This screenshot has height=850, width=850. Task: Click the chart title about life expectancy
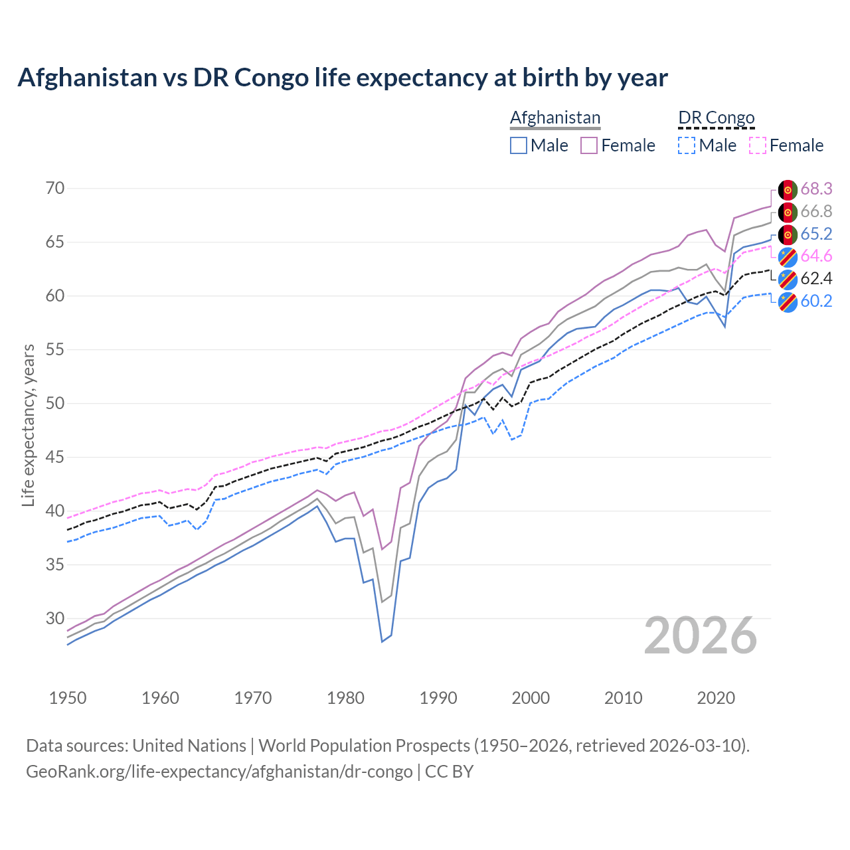(343, 78)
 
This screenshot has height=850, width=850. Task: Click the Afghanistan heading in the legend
(555, 118)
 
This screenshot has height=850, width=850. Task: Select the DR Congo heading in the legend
(717, 118)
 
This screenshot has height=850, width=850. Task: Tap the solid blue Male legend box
(519, 145)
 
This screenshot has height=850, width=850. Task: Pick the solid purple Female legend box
(589, 145)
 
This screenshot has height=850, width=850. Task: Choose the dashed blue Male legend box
(687, 145)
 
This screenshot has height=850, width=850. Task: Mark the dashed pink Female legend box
(758, 145)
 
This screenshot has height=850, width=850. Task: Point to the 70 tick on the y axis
(55, 189)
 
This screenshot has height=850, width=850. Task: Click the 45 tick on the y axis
(55, 458)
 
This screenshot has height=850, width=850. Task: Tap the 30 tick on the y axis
(55, 619)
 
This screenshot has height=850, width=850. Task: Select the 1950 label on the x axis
(68, 698)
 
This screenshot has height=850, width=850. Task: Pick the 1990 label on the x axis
(438, 698)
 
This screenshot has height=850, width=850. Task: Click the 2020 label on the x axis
(716, 698)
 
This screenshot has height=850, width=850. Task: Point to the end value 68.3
(816, 189)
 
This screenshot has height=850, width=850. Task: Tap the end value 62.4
(816, 279)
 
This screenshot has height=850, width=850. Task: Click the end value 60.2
(816, 301)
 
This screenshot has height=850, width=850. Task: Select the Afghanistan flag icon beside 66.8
(788, 212)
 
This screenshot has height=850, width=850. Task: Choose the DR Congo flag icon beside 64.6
(788, 257)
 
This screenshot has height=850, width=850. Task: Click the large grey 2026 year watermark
(701, 636)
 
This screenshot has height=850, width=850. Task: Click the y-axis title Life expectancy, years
(28, 425)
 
